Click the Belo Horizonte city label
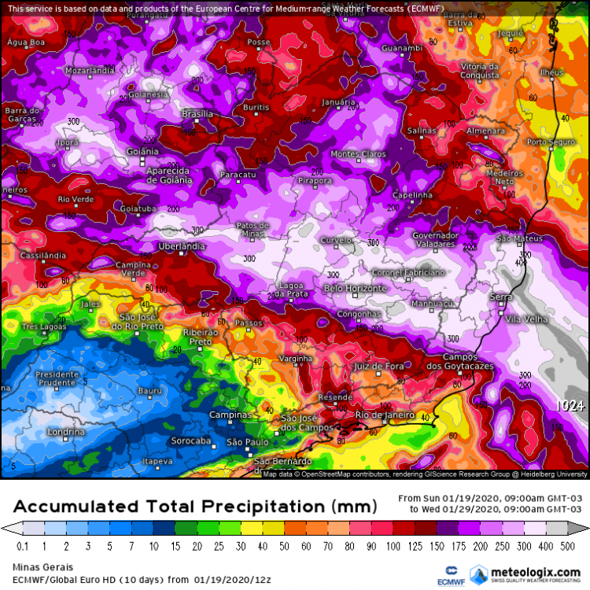tap(356, 289)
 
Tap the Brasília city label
tap(197, 114)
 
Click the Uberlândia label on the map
tap(182, 246)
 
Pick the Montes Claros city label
tap(358, 154)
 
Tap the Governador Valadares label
tap(436, 240)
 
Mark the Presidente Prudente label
tap(57, 380)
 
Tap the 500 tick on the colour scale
tap(567, 546)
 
